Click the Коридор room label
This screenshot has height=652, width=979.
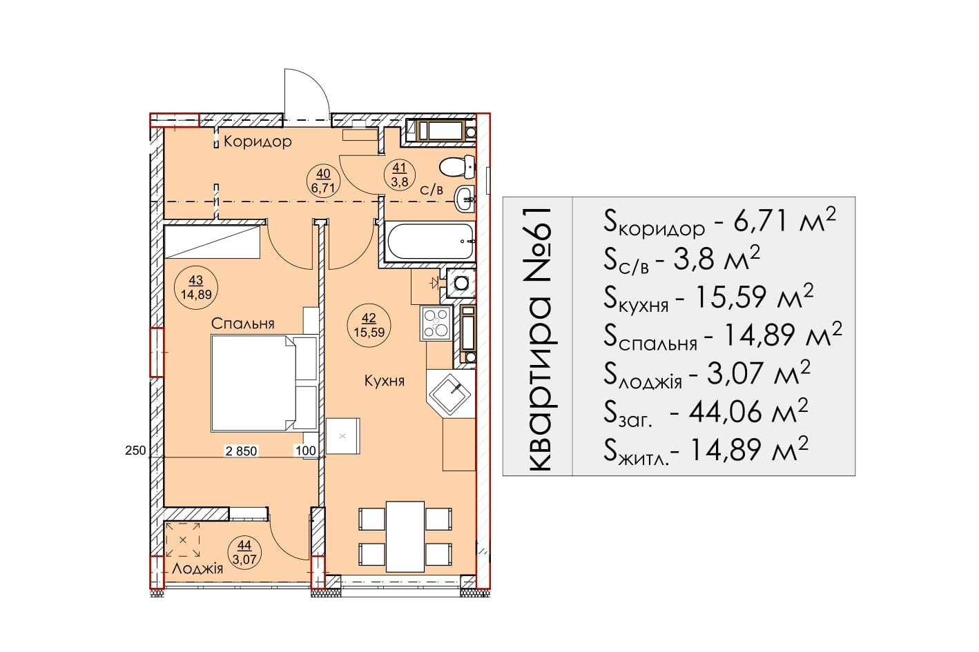click(258, 141)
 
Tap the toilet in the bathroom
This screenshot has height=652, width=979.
click(457, 167)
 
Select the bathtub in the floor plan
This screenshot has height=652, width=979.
click(431, 241)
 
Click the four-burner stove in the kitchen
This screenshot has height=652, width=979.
click(436, 323)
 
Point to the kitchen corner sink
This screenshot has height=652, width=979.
click(451, 395)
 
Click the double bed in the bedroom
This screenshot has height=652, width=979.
click(264, 384)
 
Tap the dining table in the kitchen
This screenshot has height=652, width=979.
click(405, 537)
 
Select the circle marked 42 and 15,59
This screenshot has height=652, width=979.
click(369, 325)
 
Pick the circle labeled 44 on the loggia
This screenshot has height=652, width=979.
click(244, 552)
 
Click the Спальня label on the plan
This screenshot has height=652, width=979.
click(242, 324)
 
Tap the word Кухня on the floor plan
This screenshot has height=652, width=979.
click(384, 382)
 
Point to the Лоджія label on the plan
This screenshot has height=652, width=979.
click(197, 569)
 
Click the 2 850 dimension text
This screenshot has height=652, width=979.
click(241, 451)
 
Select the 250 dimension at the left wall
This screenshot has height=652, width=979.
click(135, 451)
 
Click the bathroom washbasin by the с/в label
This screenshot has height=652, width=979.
click(465, 199)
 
